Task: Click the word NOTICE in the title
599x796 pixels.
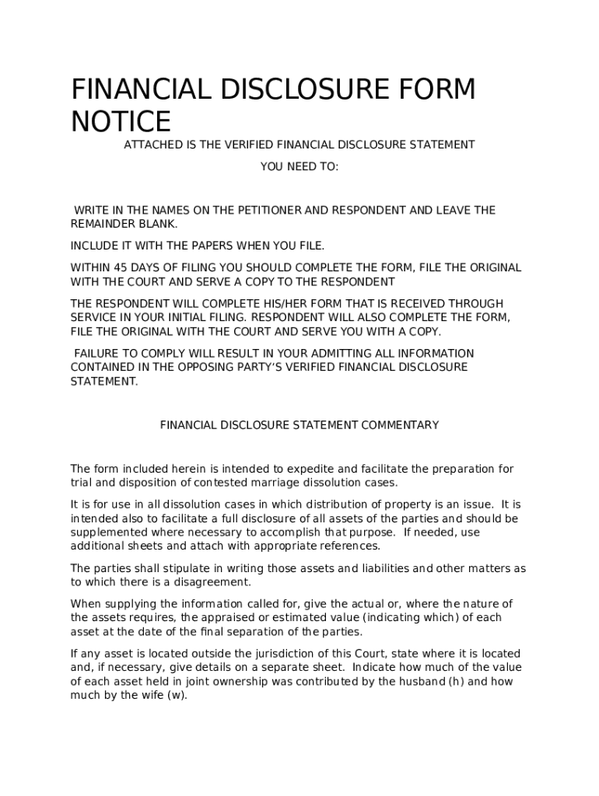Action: click(121, 122)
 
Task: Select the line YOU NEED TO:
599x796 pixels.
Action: click(299, 166)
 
